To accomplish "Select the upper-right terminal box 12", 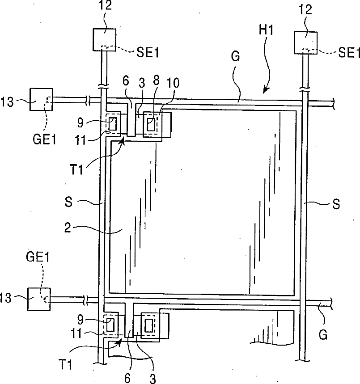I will point(306,42).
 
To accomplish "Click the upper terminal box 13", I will point(41,100).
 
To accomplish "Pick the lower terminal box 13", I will point(39,300).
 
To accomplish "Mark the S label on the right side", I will point(336,205).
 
